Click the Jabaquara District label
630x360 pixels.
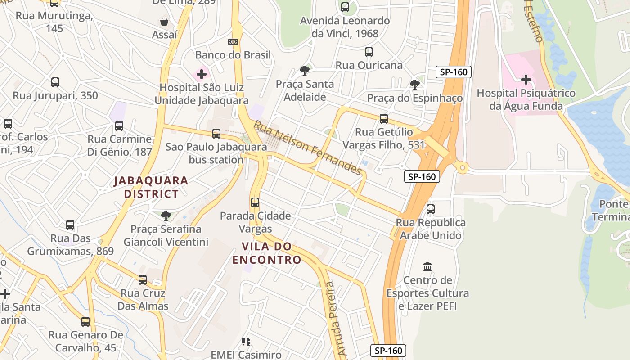point(151,187)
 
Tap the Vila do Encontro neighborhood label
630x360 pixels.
point(267,253)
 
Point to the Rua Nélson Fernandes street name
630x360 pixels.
point(308,148)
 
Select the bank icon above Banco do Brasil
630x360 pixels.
point(233,42)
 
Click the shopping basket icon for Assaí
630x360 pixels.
point(164,22)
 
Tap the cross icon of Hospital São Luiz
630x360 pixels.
point(201,74)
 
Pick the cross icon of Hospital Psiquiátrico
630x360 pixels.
point(526,80)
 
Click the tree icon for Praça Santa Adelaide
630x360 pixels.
point(305,71)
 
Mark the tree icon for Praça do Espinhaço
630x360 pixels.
point(415,85)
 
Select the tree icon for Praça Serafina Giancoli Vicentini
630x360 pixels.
point(166,216)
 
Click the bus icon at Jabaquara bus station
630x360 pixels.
point(216,134)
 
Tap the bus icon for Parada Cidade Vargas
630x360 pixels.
point(255,202)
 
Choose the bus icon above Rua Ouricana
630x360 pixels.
point(369,52)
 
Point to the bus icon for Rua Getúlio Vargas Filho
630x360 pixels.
point(384,119)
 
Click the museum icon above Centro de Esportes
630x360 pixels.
point(427,267)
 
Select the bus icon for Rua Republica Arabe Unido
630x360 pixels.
point(431,209)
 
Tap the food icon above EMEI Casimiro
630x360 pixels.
point(246,342)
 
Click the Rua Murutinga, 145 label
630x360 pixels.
point(54,22)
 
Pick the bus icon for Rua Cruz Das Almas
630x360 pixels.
point(143,280)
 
